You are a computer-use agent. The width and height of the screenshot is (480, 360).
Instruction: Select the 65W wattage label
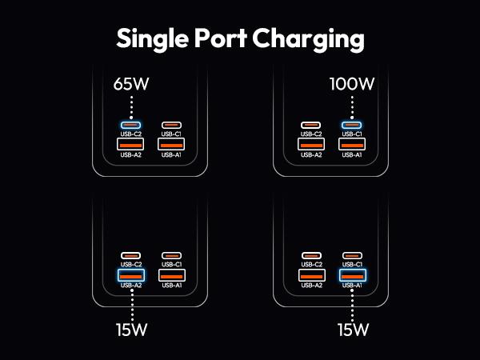tap(131, 82)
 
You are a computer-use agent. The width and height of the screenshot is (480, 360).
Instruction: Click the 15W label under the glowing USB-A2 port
tap(131, 329)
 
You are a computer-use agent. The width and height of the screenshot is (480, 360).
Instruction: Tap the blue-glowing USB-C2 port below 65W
tap(131, 125)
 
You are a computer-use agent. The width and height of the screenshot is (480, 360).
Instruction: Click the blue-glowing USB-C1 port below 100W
tap(351, 125)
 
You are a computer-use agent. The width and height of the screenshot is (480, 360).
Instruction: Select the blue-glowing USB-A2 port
tap(131, 275)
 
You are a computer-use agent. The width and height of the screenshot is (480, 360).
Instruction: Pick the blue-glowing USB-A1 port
tap(351, 275)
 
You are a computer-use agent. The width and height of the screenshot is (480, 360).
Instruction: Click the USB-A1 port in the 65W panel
tap(171, 144)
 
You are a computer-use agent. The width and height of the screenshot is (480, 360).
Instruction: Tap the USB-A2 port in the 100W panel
tap(311, 144)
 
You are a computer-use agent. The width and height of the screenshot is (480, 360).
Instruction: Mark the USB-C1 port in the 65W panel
tap(171, 125)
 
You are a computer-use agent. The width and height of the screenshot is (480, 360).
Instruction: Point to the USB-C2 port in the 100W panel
tap(311, 125)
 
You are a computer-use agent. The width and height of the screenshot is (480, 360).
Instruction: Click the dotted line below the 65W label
tap(131, 105)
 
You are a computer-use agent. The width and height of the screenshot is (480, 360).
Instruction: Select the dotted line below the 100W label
tap(351, 105)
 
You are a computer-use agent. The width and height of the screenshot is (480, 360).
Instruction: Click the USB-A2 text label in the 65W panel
tap(131, 155)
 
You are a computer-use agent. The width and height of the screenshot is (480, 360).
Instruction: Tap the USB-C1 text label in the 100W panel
tap(351, 134)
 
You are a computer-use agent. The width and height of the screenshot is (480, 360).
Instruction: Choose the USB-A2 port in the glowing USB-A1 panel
tap(311, 275)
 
